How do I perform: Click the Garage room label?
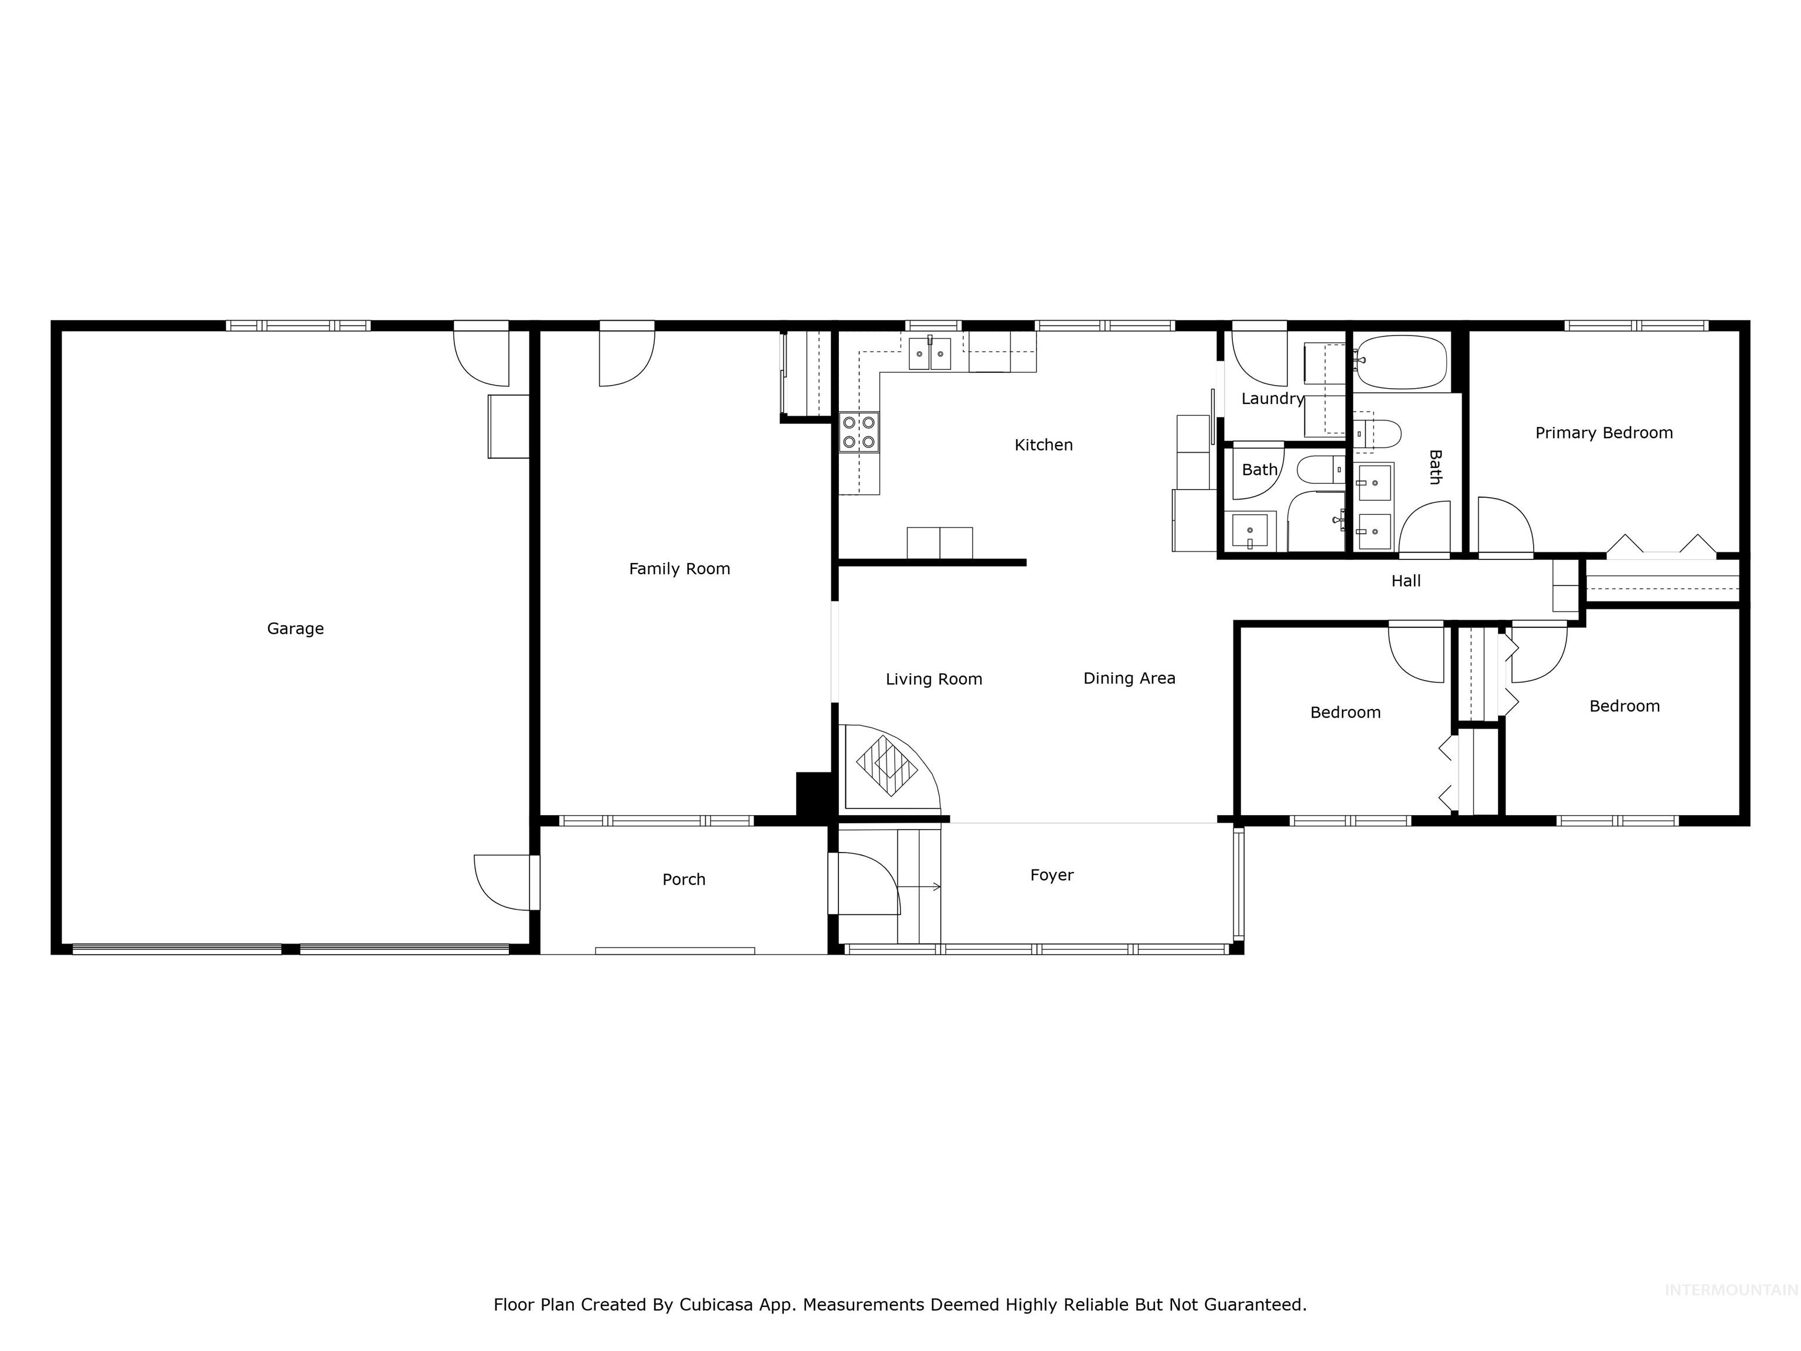[x=295, y=629]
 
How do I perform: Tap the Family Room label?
[x=679, y=569]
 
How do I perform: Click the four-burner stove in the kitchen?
[x=859, y=432]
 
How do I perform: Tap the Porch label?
[x=683, y=880]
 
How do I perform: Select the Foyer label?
[x=1051, y=875]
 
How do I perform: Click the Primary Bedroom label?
[x=1603, y=433]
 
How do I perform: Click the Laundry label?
[x=1272, y=399]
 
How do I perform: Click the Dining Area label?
[x=1129, y=678]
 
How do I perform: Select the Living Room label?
[x=933, y=679]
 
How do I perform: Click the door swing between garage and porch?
[x=501, y=882]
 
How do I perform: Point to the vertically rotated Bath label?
[x=1435, y=467]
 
